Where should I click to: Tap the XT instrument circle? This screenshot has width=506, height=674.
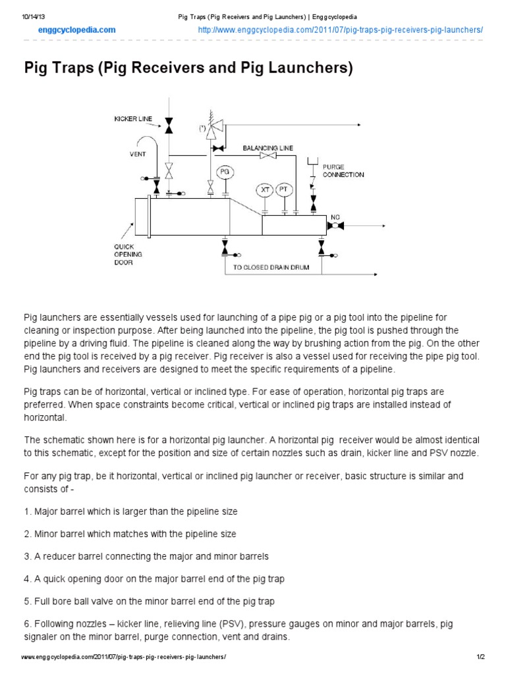[265, 189]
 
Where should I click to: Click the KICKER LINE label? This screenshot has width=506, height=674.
[133, 119]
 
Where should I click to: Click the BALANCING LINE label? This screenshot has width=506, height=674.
[268, 148]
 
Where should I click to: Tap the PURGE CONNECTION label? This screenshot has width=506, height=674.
[343, 171]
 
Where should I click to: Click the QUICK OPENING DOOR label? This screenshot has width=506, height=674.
[125, 254]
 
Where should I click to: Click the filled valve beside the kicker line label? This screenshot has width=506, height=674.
[169, 123]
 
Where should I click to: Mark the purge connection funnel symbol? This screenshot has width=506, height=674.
[313, 161]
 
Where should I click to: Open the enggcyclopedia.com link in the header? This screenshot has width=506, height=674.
[76, 30]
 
